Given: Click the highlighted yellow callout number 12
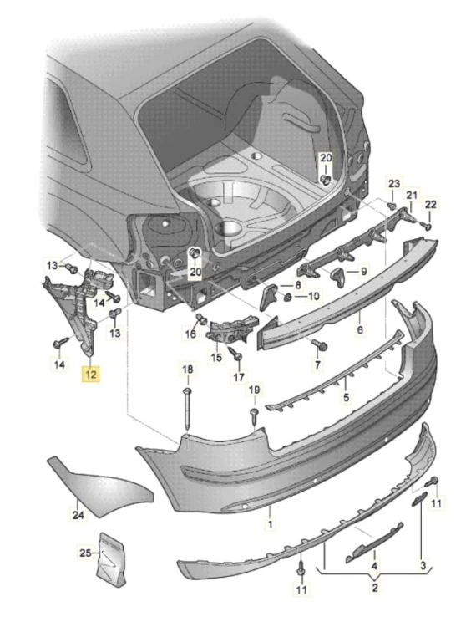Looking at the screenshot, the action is pos(91,375).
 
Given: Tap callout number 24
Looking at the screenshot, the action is pos(78,514).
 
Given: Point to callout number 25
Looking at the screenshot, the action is pos(85,553).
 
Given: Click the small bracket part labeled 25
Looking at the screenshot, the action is pos(111,559).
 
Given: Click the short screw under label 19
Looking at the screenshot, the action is pos(255,415).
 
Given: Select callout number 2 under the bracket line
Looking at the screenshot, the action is pos(375,588).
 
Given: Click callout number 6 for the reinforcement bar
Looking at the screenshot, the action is pos(360,330).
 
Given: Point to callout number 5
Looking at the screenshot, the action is pos(346,397).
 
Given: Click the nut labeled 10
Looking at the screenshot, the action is pos(286,298).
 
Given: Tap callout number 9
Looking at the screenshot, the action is pos(363,271).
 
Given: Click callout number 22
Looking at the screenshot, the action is pos(431,204).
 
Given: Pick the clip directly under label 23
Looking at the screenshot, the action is pos(392,206).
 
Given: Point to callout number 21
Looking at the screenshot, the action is pos(412,196).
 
